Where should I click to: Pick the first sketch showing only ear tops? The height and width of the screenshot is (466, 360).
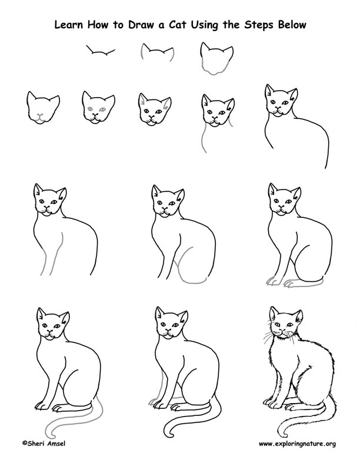click(x=100, y=54)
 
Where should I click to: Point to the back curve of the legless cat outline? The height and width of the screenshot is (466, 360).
click(x=315, y=132)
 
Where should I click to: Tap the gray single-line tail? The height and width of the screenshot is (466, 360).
click(x=74, y=424)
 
